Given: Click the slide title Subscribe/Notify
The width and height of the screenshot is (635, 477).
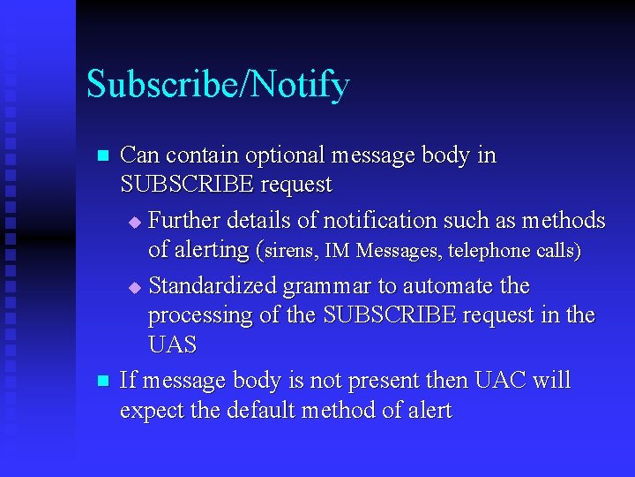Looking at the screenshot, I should tap(218, 85).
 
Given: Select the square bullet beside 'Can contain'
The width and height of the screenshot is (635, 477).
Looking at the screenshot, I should tap(102, 156).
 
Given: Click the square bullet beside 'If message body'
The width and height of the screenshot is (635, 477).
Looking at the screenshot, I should tap(102, 382).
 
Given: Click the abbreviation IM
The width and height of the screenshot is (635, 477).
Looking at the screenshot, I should tap(336, 251).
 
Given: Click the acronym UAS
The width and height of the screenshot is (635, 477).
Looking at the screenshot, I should tap(172, 345).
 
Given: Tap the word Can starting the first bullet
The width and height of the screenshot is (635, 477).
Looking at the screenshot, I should tap(138, 155).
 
